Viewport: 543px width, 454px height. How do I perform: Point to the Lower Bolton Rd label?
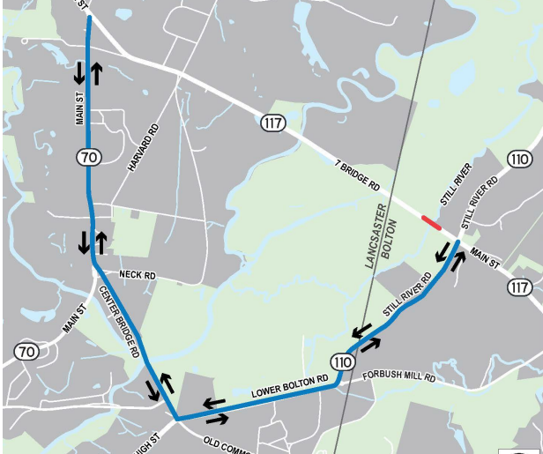click(290, 383)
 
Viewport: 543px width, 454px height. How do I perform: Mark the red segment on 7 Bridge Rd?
click(431, 222)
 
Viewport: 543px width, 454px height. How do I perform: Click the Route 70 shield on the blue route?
click(88, 157)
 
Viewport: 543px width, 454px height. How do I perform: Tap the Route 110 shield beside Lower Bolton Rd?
click(343, 361)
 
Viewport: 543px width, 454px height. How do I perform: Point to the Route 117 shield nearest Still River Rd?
click(520, 287)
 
